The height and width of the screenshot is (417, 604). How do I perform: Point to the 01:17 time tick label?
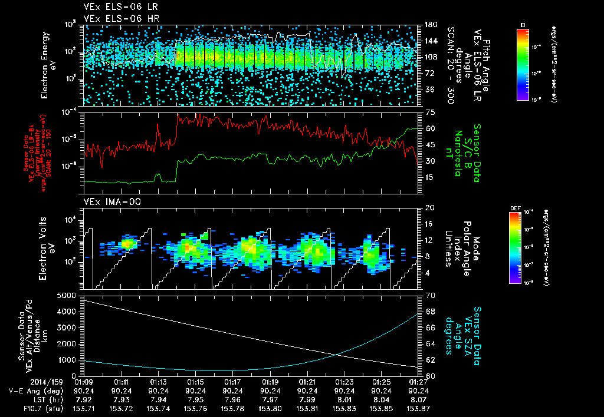(x=232, y=381)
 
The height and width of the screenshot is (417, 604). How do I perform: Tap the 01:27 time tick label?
(x=418, y=381)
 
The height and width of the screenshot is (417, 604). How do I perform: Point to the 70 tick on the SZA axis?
(x=429, y=294)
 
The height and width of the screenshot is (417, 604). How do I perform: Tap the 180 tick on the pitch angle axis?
(x=429, y=25)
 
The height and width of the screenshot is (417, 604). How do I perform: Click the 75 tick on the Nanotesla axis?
(x=429, y=112)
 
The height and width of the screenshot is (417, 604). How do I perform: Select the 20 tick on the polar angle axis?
(x=429, y=208)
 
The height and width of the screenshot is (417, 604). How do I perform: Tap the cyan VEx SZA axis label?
(x=467, y=330)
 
